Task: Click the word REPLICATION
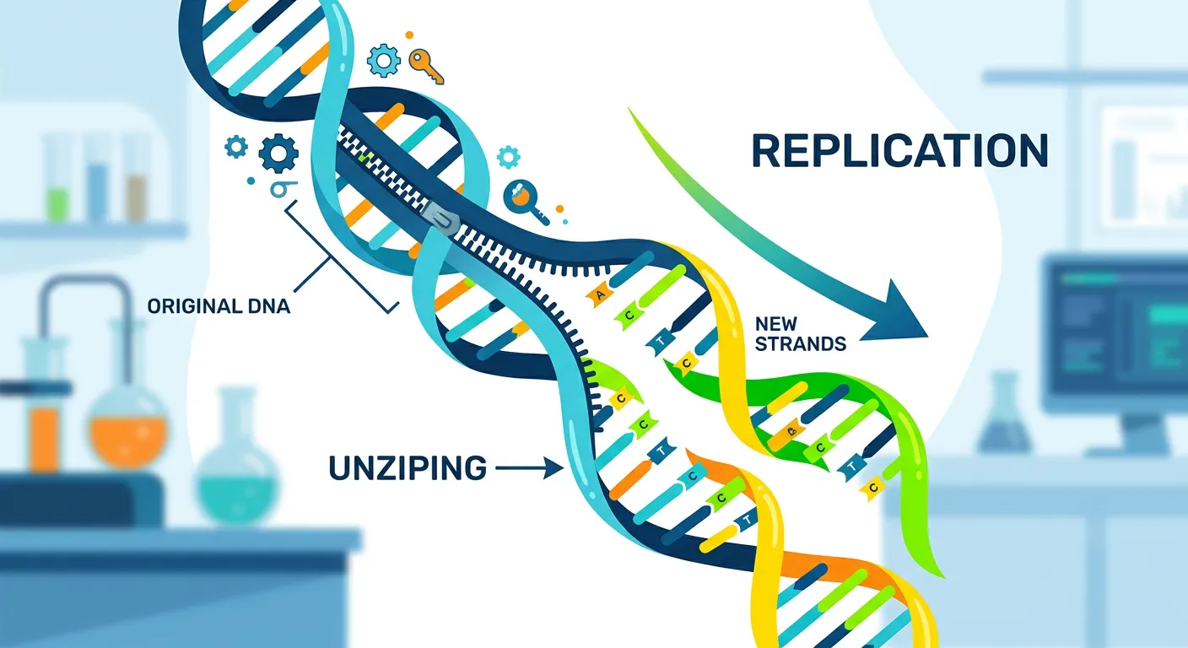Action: click(899, 150)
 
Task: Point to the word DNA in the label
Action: click(267, 306)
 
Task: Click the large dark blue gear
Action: click(279, 154)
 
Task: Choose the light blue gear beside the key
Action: click(385, 60)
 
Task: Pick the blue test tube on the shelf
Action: click(97, 181)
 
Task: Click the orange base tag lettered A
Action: click(601, 294)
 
